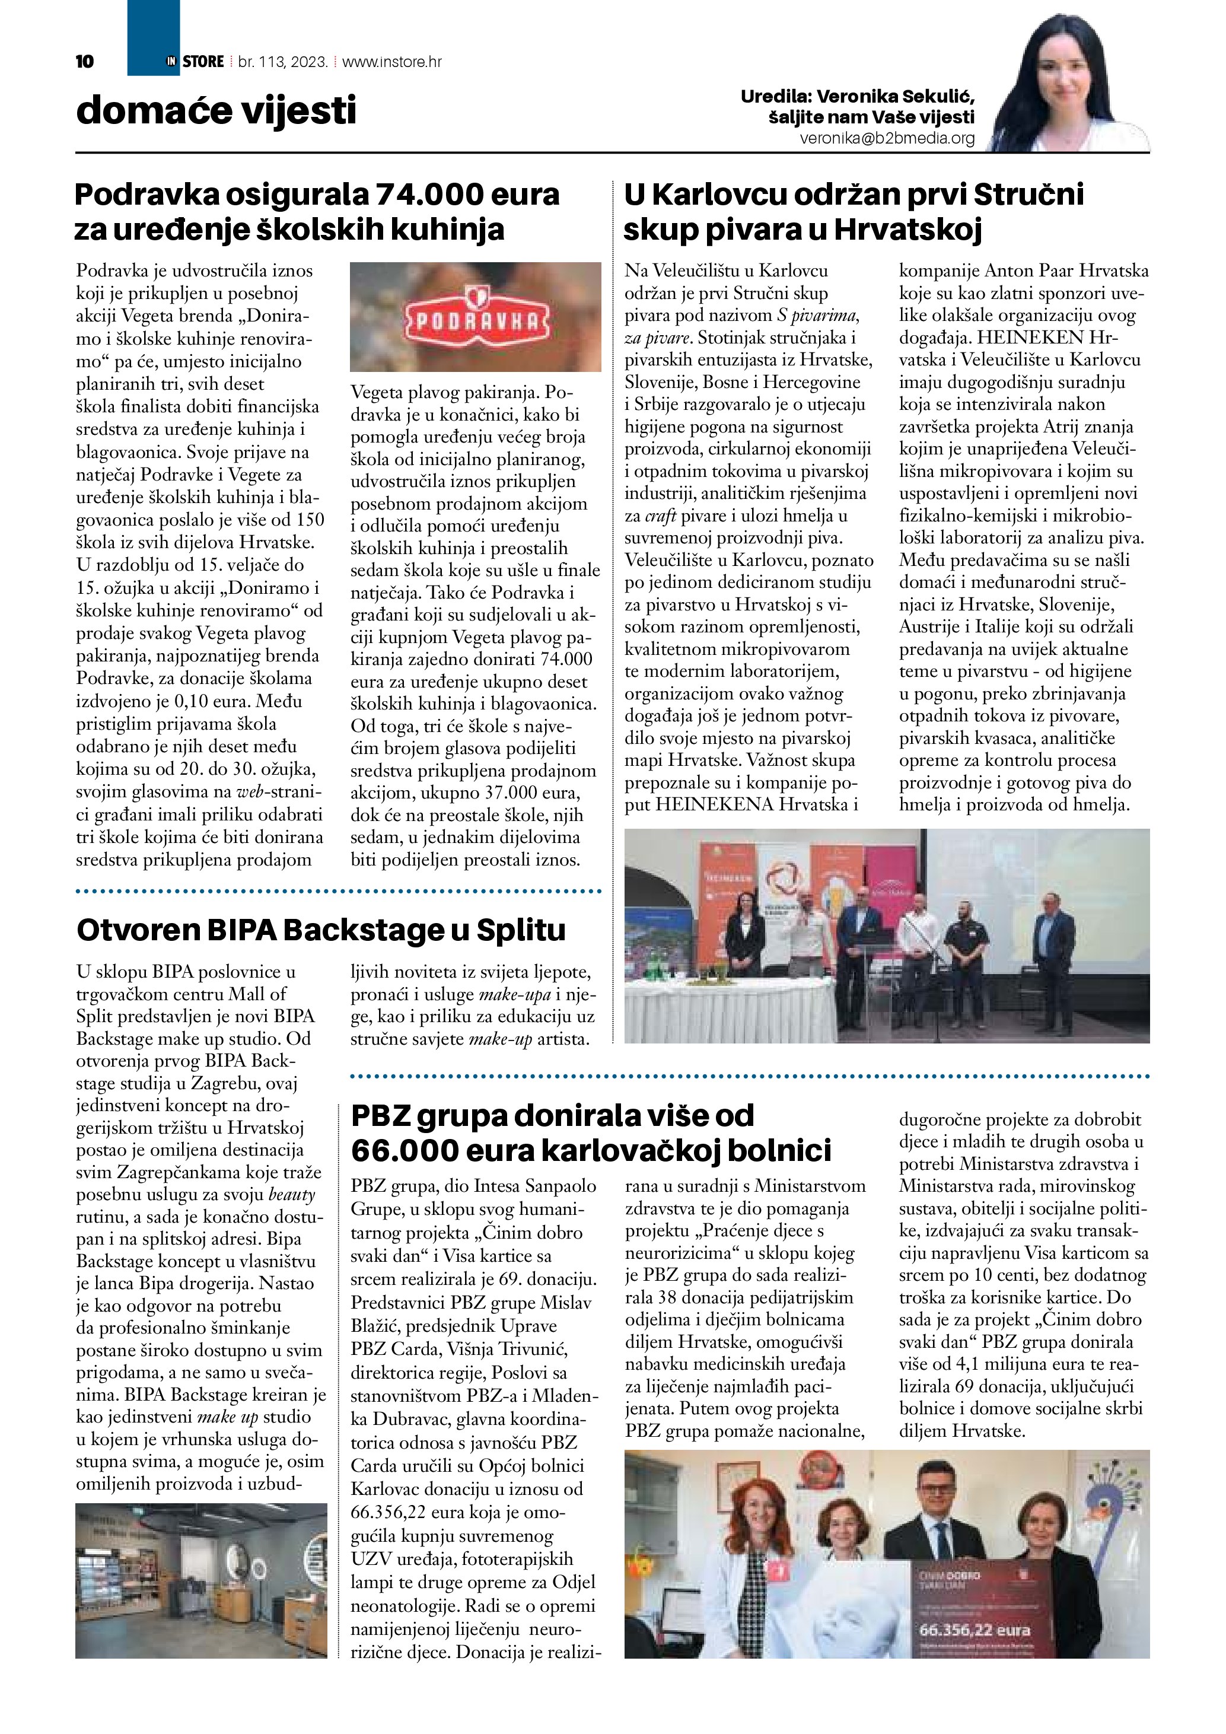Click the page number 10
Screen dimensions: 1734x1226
[85, 62]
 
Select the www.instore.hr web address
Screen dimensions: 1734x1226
[392, 62]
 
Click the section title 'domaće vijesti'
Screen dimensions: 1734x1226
[216, 111]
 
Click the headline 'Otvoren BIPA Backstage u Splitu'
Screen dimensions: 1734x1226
[321, 930]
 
